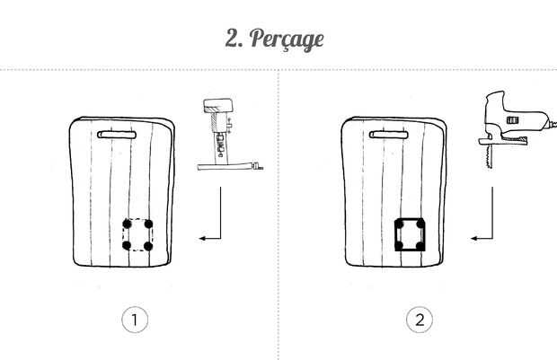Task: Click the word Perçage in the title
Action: [287, 40]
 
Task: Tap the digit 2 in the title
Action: [233, 38]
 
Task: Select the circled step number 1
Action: [135, 320]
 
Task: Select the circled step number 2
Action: [420, 320]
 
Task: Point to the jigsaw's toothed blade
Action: [489, 156]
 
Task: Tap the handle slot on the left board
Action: [117, 135]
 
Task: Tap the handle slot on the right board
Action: [389, 135]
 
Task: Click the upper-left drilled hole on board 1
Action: [127, 224]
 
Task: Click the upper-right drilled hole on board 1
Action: [148, 224]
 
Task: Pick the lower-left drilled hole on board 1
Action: [127, 245]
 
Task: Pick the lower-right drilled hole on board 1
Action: [148, 246]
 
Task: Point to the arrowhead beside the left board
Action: [203, 238]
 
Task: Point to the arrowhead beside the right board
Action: [475, 238]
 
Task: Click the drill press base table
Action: [230, 166]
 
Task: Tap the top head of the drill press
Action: [217, 105]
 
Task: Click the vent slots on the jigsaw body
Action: [512, 120]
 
